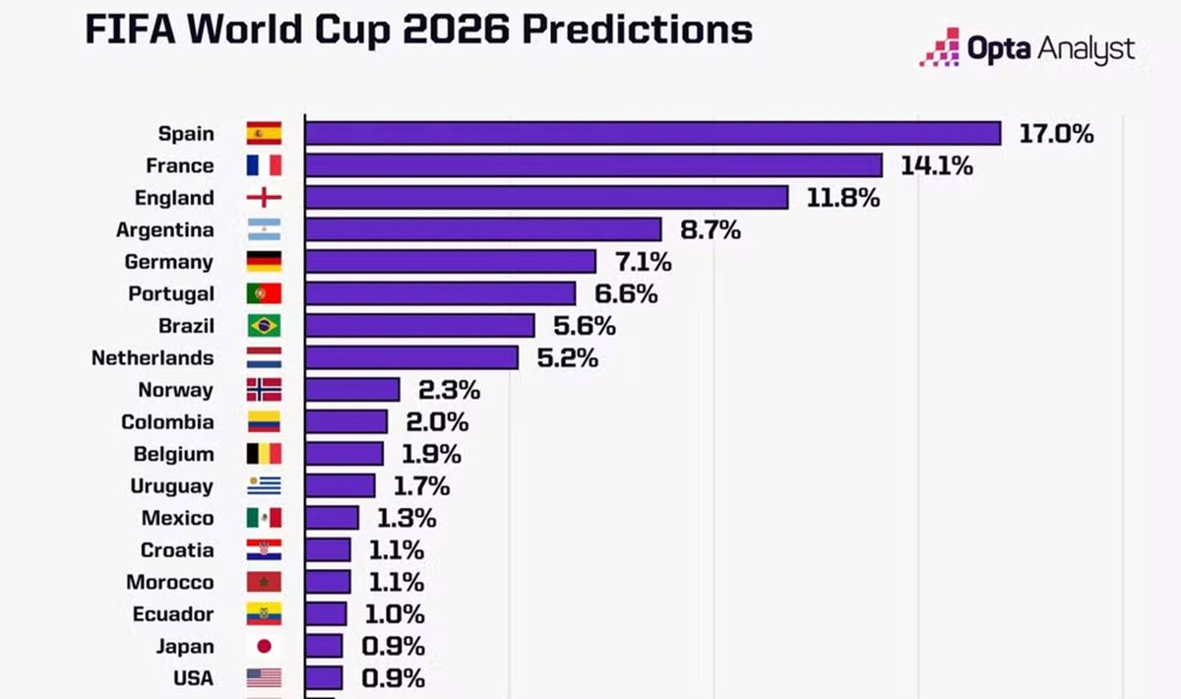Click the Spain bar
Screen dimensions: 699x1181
652,134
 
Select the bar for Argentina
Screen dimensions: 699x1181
482,229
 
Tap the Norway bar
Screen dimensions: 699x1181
351,390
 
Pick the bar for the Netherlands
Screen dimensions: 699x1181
410,357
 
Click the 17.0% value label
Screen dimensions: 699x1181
1056,134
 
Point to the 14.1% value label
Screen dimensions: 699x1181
936,165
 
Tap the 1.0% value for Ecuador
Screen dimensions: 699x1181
394,614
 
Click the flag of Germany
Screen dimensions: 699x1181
264,262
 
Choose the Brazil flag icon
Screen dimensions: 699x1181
264,326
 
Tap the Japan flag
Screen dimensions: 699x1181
264,647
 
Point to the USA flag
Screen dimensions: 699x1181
264,678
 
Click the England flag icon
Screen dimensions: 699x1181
264,198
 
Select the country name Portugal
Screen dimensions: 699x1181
170,293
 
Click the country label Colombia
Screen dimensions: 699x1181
167,422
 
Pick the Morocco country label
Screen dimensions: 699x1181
169,582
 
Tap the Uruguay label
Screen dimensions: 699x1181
171,486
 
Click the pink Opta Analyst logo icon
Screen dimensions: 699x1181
939,47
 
